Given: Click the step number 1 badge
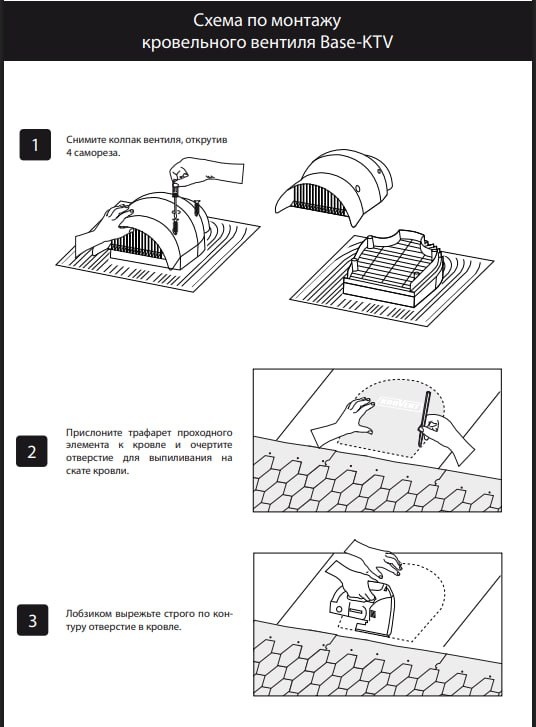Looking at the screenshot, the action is click(x=35, y=145).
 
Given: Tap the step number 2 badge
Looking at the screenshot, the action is click(x=32, y=451).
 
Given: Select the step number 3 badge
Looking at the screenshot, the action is click(x=32, y=620).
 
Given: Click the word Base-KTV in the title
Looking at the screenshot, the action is click(x=356, y=42).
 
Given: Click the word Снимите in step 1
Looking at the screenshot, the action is click(x=82, y=140).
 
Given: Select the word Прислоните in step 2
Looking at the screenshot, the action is click(x=94, y=433).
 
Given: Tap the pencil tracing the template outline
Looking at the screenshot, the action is click(x=424, y=419).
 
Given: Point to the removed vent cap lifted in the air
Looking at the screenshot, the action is click(x=333, y=188).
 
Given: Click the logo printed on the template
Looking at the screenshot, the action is click(x=400, y=403).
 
